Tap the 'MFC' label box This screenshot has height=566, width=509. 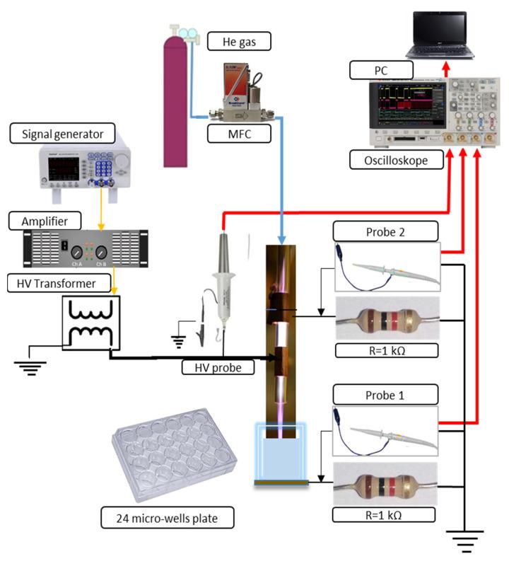point(240,132)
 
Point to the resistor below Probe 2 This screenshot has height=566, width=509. point(386,319)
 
